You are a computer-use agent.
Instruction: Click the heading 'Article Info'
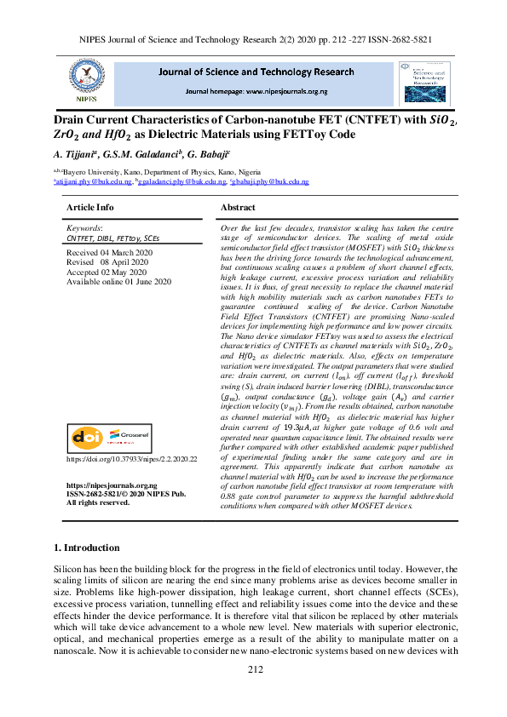point(89,208)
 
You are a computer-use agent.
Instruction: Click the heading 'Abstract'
point(238,208)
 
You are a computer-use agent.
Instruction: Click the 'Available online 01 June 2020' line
point(118,281)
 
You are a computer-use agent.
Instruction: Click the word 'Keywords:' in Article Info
point(84,229)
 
